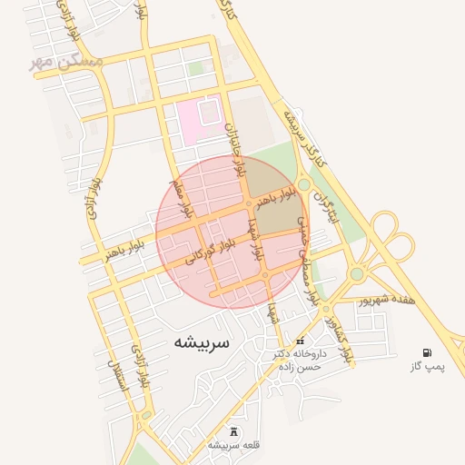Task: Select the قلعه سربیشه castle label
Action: [x=234, y=445]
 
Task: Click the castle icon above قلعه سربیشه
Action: [x=234, y=430]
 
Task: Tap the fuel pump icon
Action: [x=427, y=351]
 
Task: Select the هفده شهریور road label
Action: [x=385, y=299]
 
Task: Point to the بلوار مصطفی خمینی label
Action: [x=309, y=263]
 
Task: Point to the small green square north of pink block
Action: [x=196, y=69]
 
